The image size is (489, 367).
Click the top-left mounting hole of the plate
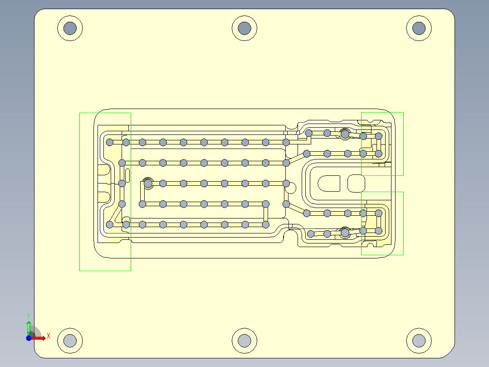[x=70, y=28]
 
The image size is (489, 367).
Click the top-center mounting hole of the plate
[x=244, y=28]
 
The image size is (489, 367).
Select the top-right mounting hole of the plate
[x=419, y=28]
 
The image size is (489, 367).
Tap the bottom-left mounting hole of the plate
[x=70, y=340]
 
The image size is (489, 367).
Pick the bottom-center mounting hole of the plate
[x=244, y=340]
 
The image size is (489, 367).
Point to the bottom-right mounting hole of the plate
[x=419, y=340]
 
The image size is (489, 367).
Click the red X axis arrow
[x=40, y=337]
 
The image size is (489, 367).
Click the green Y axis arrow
[x=29, y=326]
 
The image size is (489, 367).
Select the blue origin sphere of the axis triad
[x=29, y=338]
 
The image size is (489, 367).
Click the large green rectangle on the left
[x=80, y=191]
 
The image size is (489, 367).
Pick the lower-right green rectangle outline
[x=403, y=223]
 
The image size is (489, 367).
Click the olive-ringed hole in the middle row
[x=148, y=183]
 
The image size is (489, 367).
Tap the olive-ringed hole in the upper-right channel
[x=345, y=134]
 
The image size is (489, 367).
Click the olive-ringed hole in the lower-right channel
[x=345, y=233]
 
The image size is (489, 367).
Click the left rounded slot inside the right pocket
[x=329, y=183]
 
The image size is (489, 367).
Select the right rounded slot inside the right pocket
[x=356, y=183]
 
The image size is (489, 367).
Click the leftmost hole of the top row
[x=110, y=142]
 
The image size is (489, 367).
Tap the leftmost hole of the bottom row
[x=110, y=224]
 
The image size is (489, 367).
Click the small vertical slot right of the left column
[x=128, y=175]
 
